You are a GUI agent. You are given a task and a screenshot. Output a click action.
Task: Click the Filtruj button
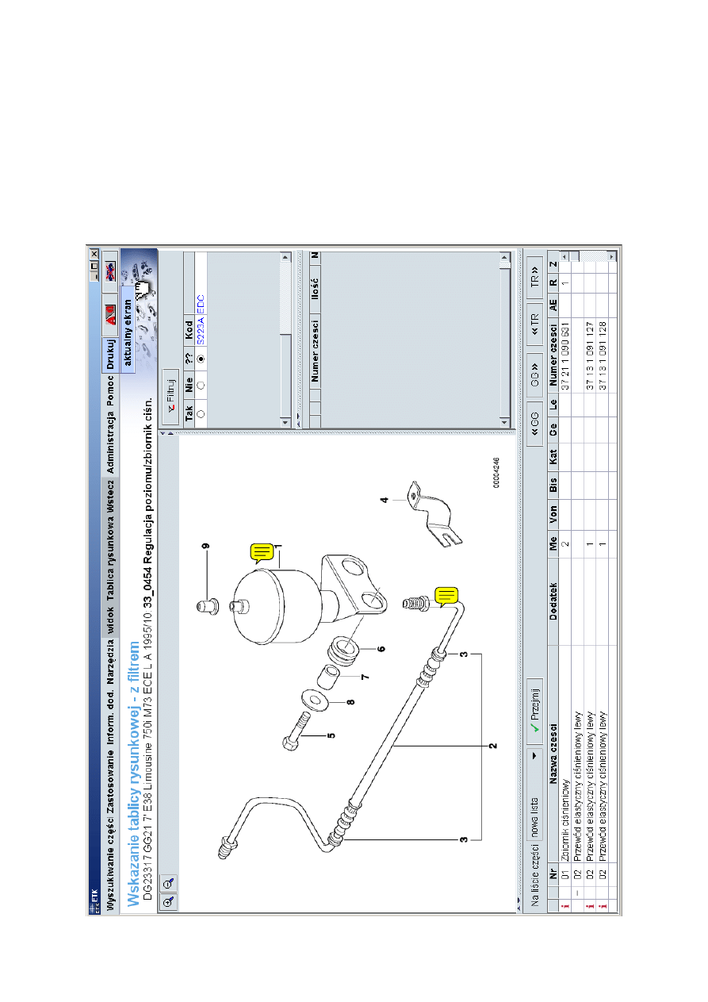click(x=170, y=397)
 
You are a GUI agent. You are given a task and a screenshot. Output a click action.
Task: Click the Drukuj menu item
click(x=110, y=354)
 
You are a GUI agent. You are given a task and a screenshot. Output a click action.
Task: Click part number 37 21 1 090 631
click(x=565, y=355)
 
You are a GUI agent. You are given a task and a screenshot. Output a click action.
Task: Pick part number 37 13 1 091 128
click(x=603, y=355)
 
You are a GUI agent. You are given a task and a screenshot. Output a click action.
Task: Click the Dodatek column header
click(x=553, y=601)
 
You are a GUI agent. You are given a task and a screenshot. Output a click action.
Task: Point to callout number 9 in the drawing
click(x=205, y=546)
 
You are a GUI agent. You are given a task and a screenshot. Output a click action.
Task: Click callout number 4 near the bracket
click(x=385, y=500)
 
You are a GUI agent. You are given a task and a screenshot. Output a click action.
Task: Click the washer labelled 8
click(x=315, y=700)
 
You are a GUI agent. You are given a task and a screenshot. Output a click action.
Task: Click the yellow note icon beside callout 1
click(x=262, y=553)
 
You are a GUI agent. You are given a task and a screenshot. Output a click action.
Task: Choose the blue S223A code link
click(x=201, y=331)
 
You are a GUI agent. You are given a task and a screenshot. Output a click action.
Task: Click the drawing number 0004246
click(x=496, y=472)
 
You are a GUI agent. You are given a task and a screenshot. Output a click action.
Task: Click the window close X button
click(x=94, y=254)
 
